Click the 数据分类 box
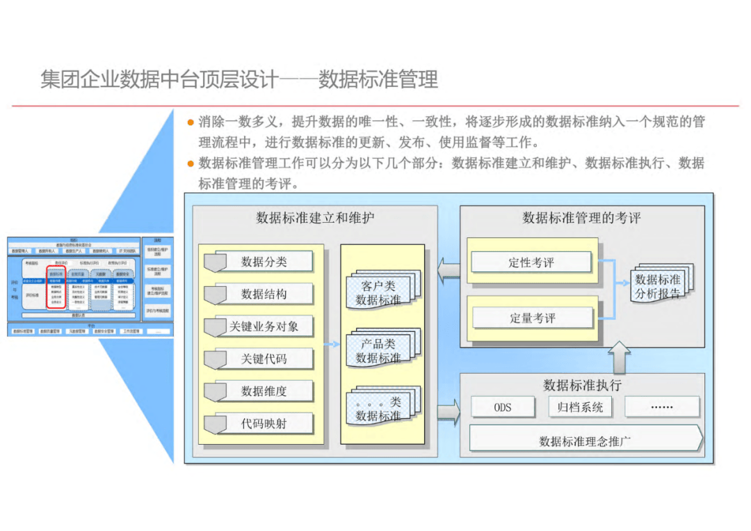pyautogui.click(x=264, y=262)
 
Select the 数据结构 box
pyautogui.click(x=264, y=294)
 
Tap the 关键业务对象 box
pyautogui.click(x=264, y=326)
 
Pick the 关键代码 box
pyautogui.click(x=264, y=358)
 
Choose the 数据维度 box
pyautogui.click(x=264, y=390)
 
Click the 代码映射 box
pyautogui.click(x=264, y=423)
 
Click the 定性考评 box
pyautogui.click(x=531, y=262)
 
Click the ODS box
pyautogui.click(x=503, y=407)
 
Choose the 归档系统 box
pyautogui.click(x=580, y=407)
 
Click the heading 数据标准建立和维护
pyautogui.click(x=315, y=218)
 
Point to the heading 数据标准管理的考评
pyautogui.click(x=581, y=218)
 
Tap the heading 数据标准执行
pyautogui.click(x=582, y=385)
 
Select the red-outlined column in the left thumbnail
pyautogui.click(x=56, y=287)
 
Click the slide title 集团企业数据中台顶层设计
pyautogui.click(x=159, y=79)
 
